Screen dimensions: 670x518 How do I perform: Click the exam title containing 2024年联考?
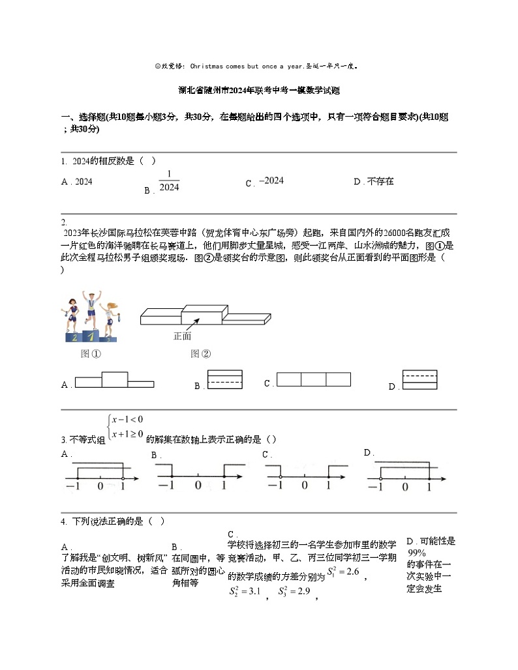pyautogui.click(x=258, y=91)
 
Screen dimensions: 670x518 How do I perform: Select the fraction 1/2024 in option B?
pyautogui.click(x=169, y=181)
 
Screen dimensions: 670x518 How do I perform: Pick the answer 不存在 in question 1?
pyautogui.click(x=381, y=181)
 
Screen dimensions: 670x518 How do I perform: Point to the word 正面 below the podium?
pyautogui.click(x=183, y=336)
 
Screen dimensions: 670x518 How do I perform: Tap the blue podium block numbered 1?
pyautogui.click(x=92, y=336)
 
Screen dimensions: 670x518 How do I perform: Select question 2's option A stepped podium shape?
pyautogui.click(x=115, y=381)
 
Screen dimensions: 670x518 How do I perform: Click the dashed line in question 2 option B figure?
pyautogui.click(x=224, y=381)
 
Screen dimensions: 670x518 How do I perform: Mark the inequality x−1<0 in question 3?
pyautogui.click(x=127, y=419)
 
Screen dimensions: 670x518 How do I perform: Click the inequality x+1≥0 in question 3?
pyautogui.click(x=127, y=434)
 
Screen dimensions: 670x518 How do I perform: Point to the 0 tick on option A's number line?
pyautogui.click(x=100, y=486)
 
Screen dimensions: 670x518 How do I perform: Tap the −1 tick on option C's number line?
pyautogui.click(x=277, y=485)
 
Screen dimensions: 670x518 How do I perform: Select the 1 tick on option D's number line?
pyautogui.click(x=429, y=486)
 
